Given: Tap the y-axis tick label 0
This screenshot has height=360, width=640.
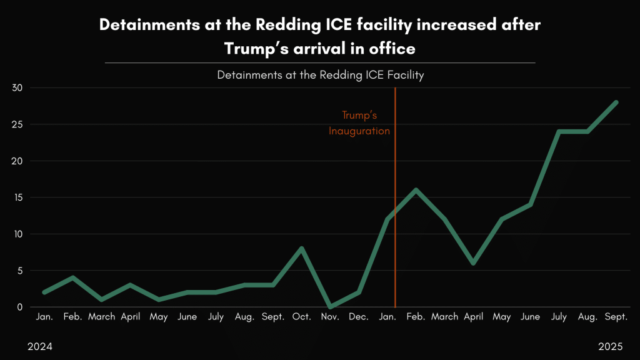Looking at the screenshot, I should pos(19,307).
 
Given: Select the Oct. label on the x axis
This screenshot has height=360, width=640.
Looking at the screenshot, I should pos(302,317).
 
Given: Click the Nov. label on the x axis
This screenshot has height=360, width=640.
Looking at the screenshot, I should pos(330,317).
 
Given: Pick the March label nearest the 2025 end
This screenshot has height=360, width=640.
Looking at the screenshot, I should pos(444,317).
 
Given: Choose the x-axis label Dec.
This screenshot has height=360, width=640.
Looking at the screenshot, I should pos(359,317).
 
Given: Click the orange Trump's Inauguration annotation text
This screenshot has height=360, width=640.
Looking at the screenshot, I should pos(359,123).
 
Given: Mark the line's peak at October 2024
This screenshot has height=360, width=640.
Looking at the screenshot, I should pos(302,249).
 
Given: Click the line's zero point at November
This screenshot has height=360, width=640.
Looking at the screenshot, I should pos(330,307).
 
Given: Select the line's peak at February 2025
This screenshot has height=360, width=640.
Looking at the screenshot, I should pos(416,190).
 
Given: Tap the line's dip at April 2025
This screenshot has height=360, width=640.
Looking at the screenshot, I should pos(473,263).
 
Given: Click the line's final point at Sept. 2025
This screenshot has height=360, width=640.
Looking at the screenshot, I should pos(616,102).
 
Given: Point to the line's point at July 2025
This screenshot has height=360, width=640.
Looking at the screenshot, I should pos(559,132).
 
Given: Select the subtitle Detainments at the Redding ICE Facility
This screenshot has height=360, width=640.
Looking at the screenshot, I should pos(320,75).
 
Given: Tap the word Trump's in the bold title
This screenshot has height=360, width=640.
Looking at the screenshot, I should pos(256,47).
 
